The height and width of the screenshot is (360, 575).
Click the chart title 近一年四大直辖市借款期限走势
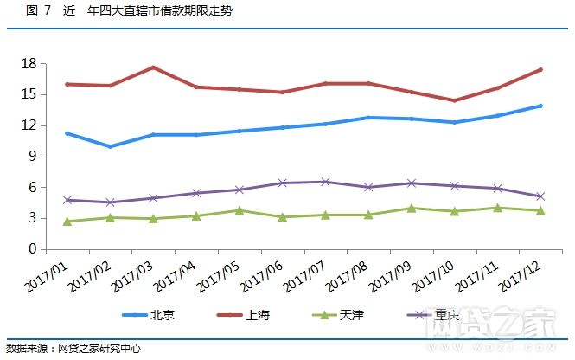coord(147,10)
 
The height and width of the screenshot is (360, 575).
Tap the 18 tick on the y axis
coord(29,64)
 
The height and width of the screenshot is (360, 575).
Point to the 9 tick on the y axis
coord(32,157)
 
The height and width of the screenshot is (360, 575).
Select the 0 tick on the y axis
coord(32,249)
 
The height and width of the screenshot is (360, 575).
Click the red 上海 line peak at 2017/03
coord(153,67)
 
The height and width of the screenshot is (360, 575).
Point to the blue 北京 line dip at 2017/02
coord(110,146)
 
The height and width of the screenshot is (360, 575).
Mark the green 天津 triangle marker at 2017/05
coord(239,210)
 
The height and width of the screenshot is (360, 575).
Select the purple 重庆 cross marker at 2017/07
coord(325,182)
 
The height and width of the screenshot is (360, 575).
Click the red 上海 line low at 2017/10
coord(455,100)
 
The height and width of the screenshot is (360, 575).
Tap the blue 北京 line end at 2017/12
coord(540,106)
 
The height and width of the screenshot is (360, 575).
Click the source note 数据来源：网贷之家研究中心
coord(73,348)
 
